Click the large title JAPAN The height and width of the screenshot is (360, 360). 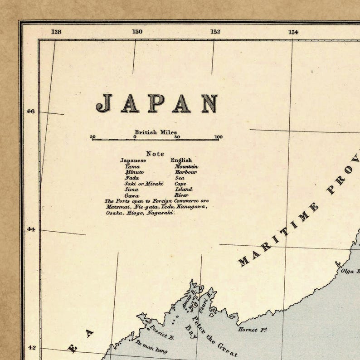coord(156,103)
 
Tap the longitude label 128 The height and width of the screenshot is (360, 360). coord(56,32)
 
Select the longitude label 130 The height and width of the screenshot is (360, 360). coord(137,32)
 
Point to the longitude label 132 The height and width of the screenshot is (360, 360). coord(215,32)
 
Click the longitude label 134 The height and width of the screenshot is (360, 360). coord(293,32)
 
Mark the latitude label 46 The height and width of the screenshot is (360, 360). coord(30,112)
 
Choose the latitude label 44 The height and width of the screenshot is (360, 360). coord(30,229)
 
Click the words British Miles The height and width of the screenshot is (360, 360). coord(156,132)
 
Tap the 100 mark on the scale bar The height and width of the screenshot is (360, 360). coord(219,137)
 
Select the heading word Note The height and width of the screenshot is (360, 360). coord(155,154)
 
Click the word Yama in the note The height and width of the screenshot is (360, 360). coord(132,166)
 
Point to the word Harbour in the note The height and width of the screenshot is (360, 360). coord(186,172)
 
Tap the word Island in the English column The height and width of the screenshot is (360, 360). coord(183,190)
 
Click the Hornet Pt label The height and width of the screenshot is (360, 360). coord(252,330)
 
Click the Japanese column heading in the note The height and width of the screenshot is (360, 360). coord(133,160)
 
